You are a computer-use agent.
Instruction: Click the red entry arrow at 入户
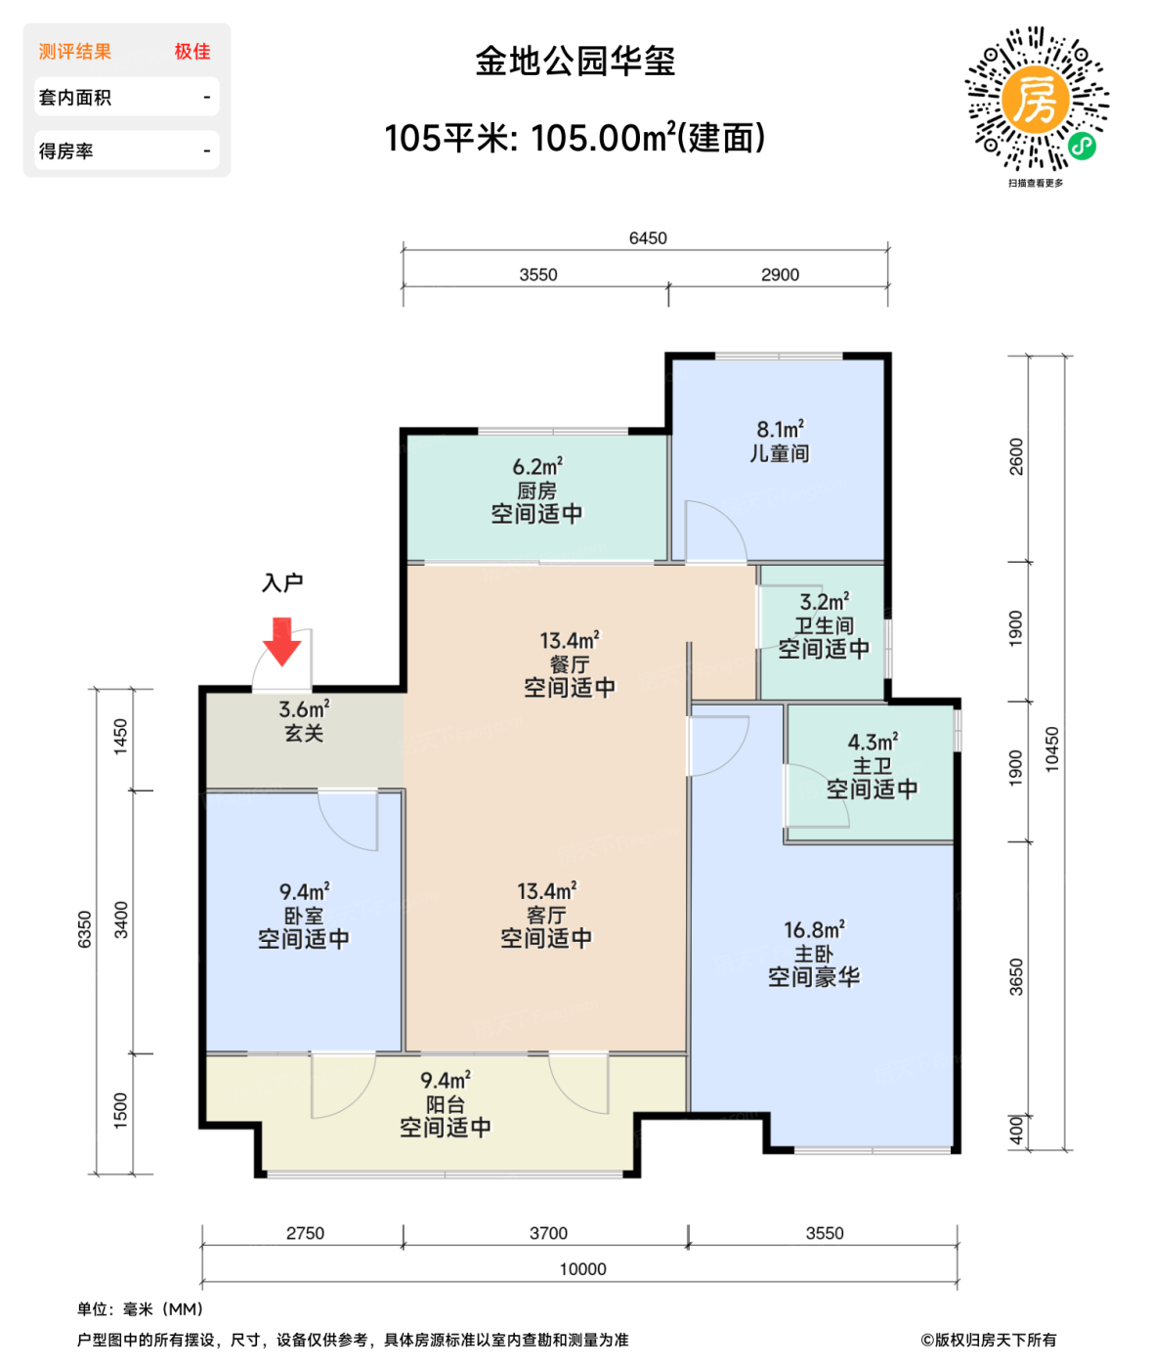pos(281,641)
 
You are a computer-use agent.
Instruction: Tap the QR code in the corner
pos(1037,100)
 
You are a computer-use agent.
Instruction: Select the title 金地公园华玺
pos(575,62)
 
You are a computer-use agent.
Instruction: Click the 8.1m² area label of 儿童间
pos(780,430)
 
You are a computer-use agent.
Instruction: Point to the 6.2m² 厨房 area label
pos(537,467)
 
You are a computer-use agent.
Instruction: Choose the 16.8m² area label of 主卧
pos(814,930)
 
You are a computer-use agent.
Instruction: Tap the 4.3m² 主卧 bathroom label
pos(873,743)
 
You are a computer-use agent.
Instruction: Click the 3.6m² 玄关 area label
pos(304,709)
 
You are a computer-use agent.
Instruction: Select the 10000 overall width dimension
pos(582,1269)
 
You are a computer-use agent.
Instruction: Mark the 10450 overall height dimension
pos(1052,749)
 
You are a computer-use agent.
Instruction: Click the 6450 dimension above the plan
pos(648,238)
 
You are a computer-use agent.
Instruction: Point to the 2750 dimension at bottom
pos(305,1233)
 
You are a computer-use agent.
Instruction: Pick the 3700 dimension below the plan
pos(548,1233)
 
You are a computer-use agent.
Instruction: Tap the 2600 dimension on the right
pos(1016,457)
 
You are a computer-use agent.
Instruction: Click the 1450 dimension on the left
pos(121,736)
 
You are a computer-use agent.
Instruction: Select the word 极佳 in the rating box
pos(192,52)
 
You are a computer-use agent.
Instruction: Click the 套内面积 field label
pos(75,98)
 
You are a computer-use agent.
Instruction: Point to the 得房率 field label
pos(66,151)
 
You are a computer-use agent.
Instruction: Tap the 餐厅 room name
pos(570,664)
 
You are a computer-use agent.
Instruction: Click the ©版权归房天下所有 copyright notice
pos(988,1340)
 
